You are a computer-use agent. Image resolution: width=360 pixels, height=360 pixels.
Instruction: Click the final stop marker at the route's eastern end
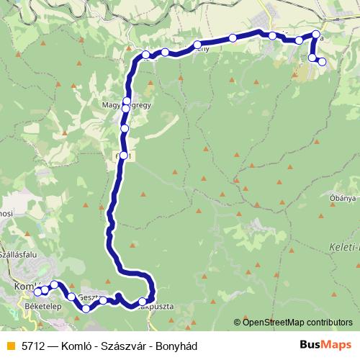322,62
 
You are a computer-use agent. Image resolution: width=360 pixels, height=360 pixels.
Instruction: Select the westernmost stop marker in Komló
37,292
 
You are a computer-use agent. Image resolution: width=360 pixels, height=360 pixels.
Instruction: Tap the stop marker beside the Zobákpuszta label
143,302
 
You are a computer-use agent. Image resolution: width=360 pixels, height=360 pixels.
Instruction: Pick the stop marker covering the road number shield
124,156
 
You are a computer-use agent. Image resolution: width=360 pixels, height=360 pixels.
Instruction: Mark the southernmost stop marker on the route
86,309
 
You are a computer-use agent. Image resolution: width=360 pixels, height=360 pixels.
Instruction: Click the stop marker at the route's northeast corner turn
316,35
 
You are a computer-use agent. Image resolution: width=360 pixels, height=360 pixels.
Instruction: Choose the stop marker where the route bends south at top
145,55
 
